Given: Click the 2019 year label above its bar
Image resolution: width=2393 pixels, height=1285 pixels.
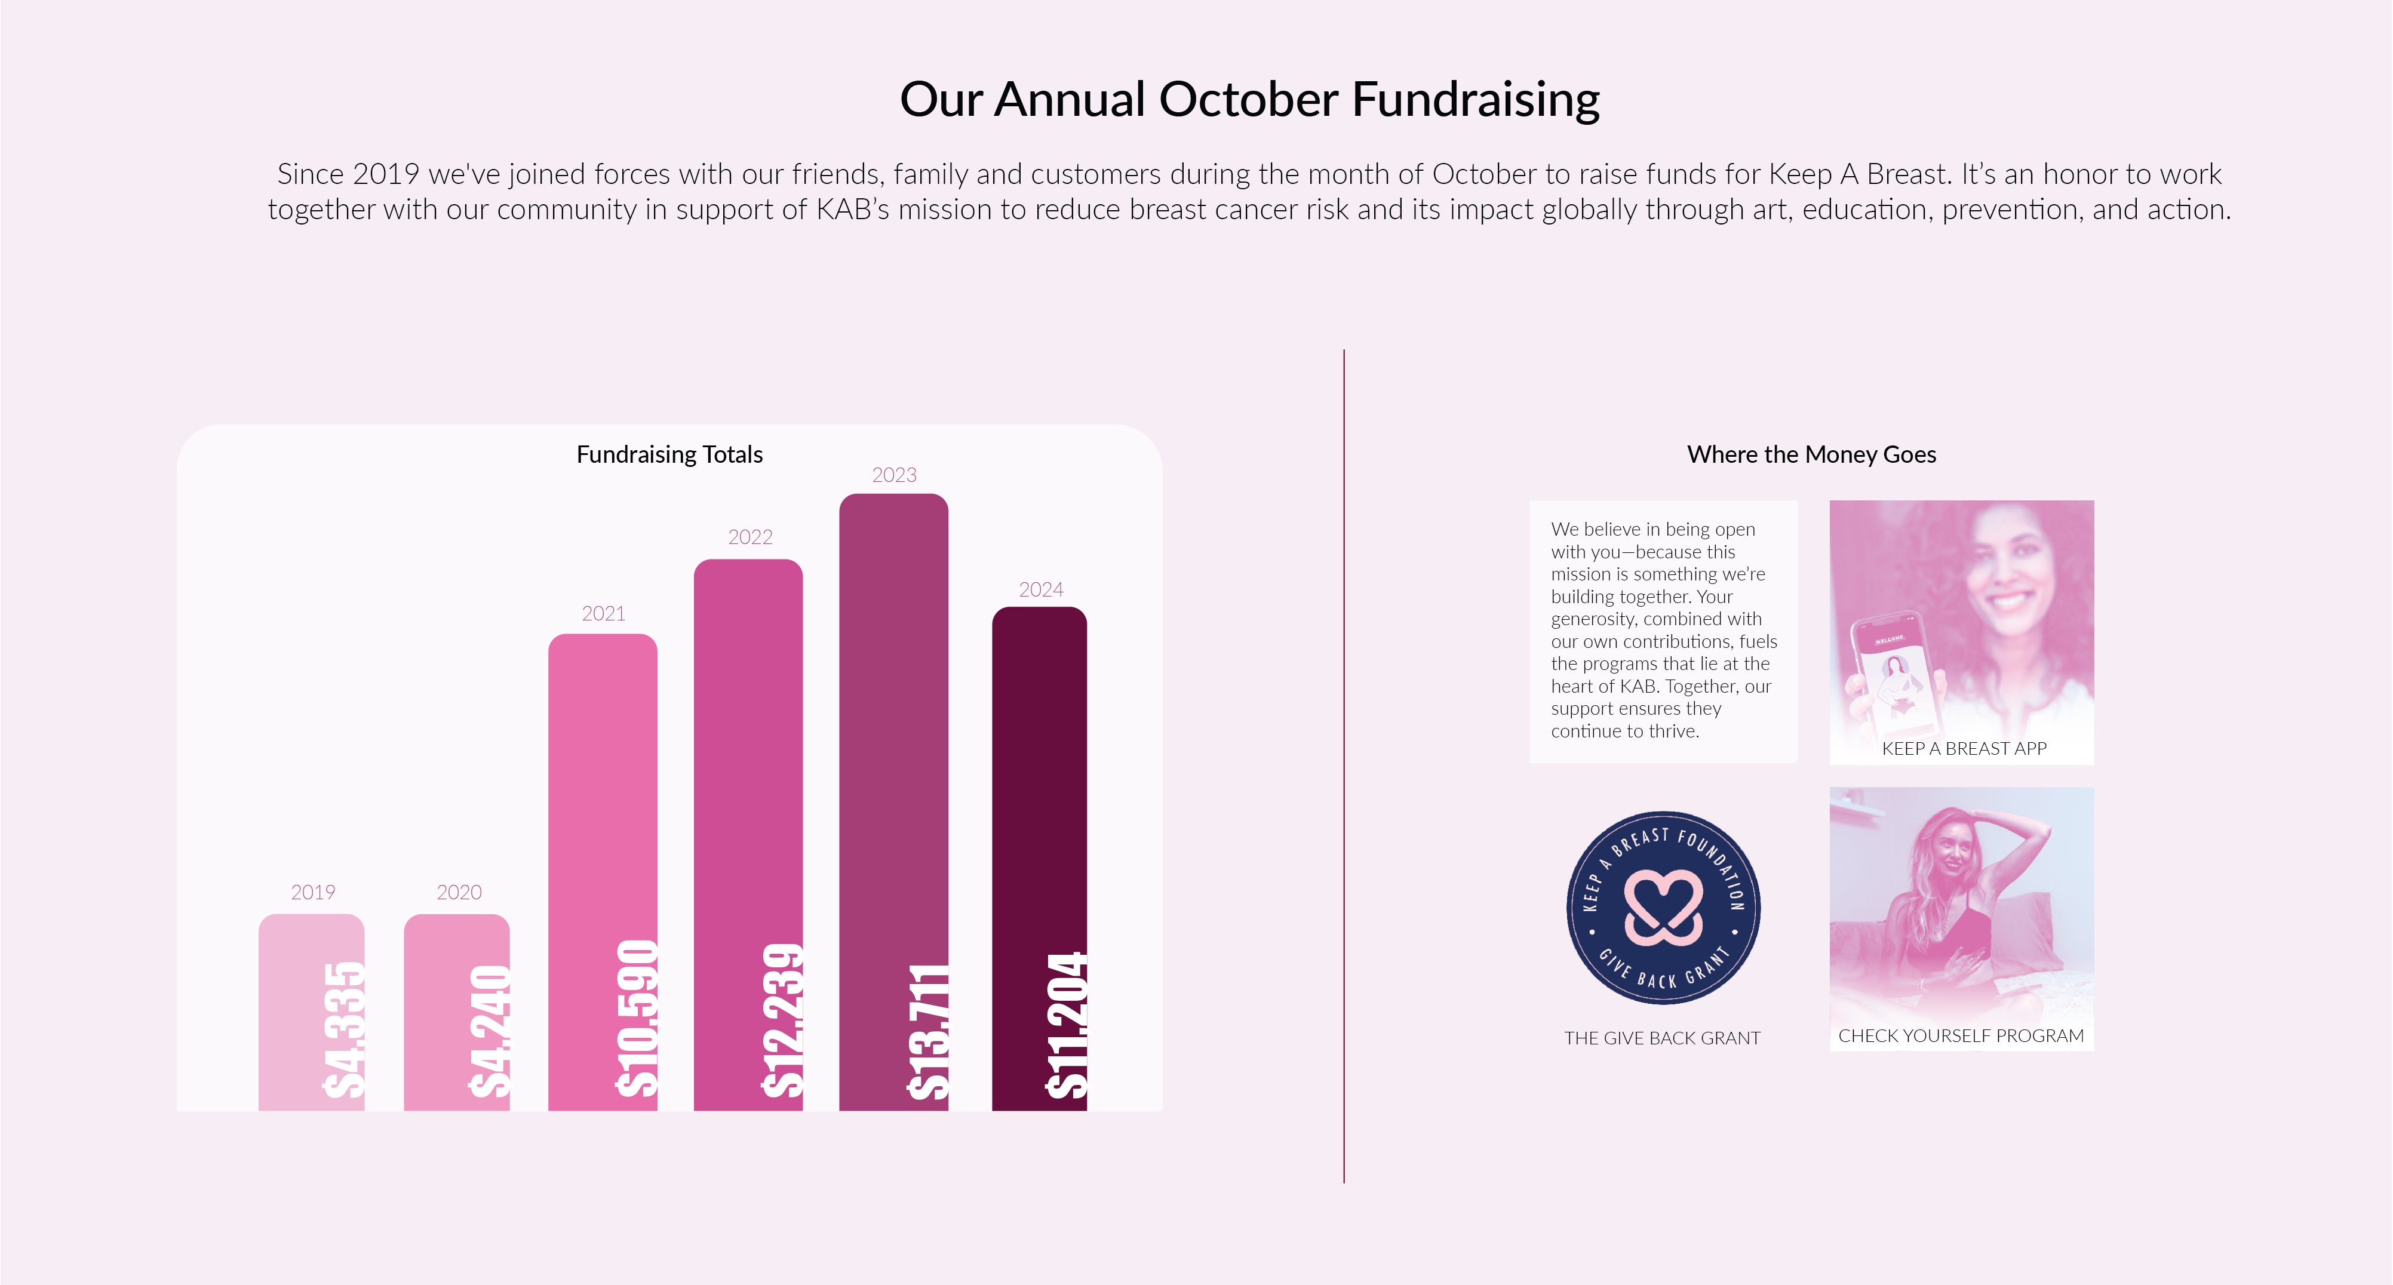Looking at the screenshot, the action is point(312,892).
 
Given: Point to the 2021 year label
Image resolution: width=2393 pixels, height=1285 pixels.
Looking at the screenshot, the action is point(603,613).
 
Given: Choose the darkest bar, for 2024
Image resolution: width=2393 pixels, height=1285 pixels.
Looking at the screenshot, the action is point(1040,859).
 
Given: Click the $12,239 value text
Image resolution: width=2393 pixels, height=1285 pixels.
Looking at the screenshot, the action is point(781,1020).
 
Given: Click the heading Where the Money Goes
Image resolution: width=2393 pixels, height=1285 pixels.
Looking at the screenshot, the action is point(1811,454).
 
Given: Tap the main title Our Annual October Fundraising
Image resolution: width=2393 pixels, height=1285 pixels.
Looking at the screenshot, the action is point(1249,99).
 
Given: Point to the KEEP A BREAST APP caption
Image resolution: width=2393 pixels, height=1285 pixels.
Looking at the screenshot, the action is point(1964,748).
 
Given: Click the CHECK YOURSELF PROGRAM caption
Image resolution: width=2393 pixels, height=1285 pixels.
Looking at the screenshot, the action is point(1961,1035).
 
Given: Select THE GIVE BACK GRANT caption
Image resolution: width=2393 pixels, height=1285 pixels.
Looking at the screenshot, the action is point(1662,1038).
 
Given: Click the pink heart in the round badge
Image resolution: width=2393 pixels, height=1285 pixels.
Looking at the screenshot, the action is point(1663,908).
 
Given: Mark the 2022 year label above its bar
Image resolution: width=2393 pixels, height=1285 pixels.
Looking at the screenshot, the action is point(749,537).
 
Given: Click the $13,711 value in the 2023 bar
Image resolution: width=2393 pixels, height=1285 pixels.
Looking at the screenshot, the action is point(927,1031).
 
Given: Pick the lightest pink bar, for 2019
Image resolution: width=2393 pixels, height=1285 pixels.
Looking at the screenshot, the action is point(311,1012).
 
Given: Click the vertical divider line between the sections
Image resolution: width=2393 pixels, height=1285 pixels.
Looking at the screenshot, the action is point(1343,767).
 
